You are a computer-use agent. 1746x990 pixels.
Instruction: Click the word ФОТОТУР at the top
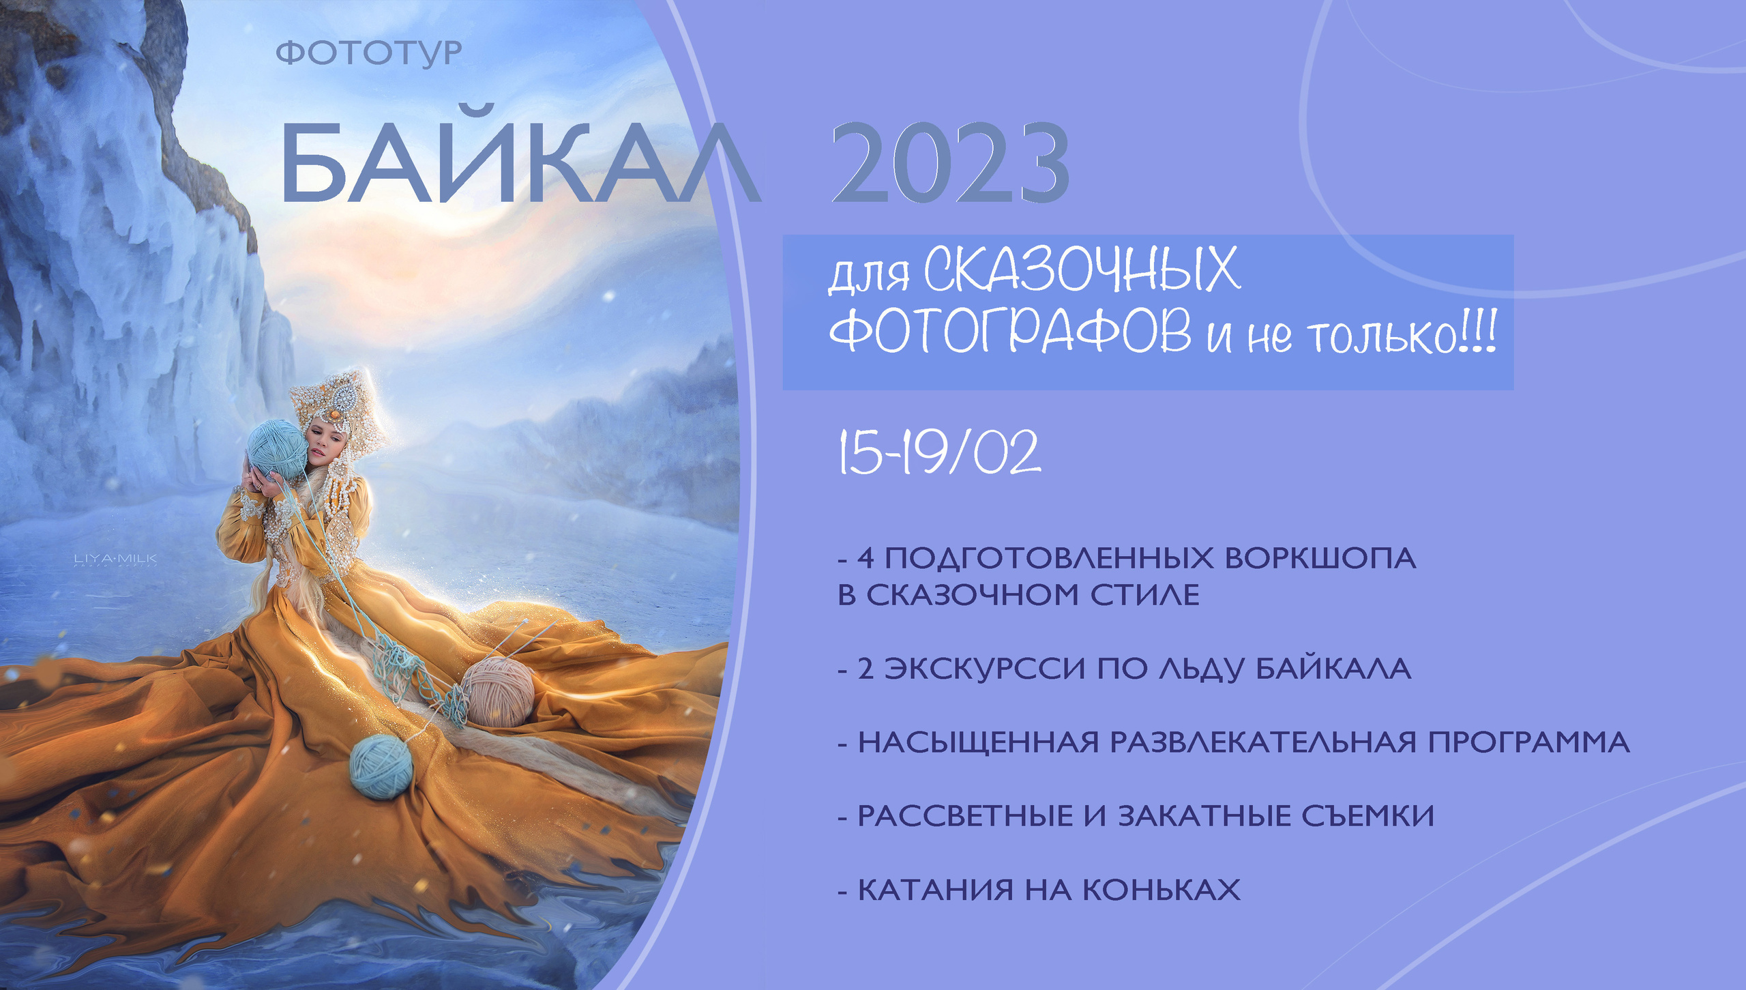(x=369, y=53)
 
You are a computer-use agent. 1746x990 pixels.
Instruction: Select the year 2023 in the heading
(x=949, y=164)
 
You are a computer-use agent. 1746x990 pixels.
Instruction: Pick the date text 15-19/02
(x=939, y=452)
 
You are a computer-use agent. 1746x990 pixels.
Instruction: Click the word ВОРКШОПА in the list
(x=1320, y=558)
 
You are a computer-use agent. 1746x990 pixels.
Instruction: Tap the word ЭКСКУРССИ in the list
(x=984, y=669)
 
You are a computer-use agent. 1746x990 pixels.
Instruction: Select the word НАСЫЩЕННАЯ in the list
(x=978, y=742)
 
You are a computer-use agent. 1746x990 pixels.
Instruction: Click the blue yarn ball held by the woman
(x=276, y=449)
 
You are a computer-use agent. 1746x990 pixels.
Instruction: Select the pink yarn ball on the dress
(x=498, y=691)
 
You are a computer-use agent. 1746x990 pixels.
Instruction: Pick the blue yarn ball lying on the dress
(x=381, y=766)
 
